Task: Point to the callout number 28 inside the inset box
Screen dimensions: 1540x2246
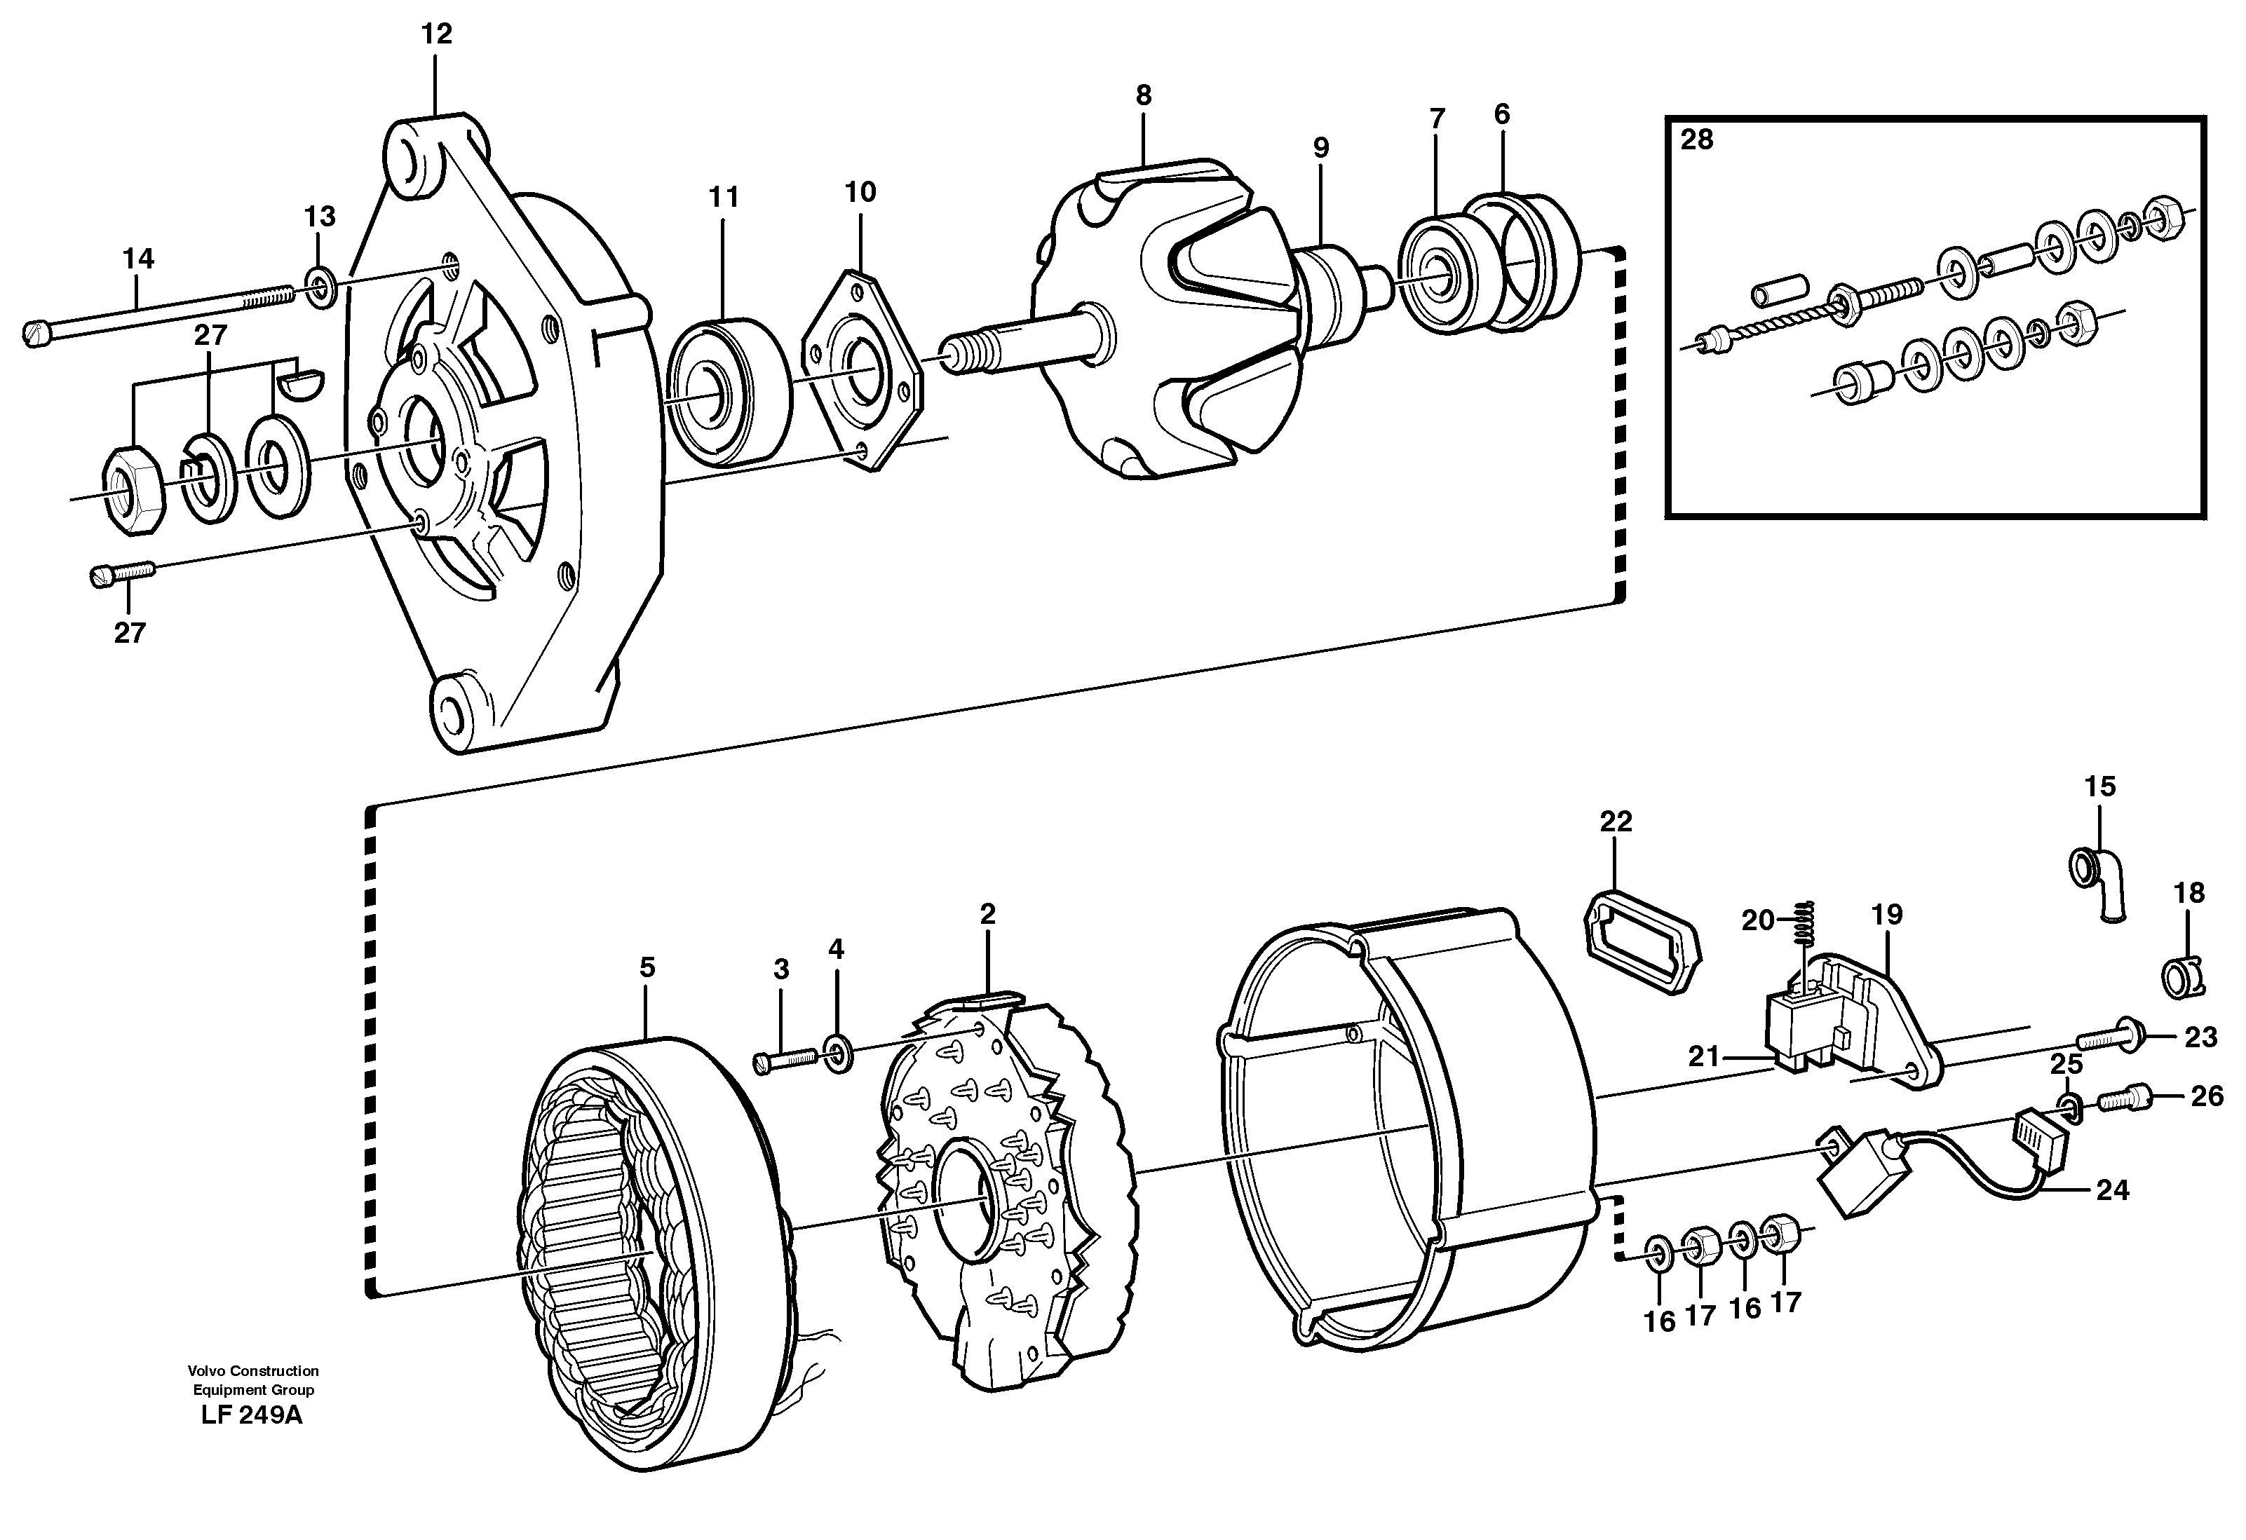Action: pyautogui.click(x=1696, y=140)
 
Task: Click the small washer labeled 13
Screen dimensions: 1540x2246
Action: pyautogui.click(x=320, y=288)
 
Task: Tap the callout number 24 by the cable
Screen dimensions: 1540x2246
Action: pyautogui.click(x=2113, y=1190)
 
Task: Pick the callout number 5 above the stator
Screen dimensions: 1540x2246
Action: pyautogui.click(x=647, y=967)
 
